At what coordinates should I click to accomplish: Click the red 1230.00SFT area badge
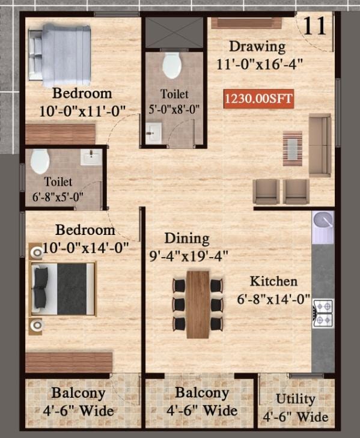(x=258, y=99)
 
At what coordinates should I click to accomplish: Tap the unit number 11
(x=314, y=26)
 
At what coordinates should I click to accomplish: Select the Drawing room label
(x=257, y=46)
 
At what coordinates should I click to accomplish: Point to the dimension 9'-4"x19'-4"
(x=189, y=255)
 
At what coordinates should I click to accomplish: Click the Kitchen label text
(x=273, y=281)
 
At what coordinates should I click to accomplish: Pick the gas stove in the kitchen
(x=323, y=314)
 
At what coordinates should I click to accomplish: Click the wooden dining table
(x=198, y=305)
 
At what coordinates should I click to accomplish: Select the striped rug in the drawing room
(x=293, y=148)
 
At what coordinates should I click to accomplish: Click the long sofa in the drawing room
(x=320, y=145)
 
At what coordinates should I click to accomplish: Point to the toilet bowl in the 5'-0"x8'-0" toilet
(x=172, y=65)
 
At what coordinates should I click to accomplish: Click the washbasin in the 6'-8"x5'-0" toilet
(x=91, y=157)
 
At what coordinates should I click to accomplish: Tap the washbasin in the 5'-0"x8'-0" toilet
(x=153, y=133)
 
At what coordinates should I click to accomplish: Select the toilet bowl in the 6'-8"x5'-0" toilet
(x=40, y=161)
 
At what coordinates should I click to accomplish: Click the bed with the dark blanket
(x=63, y=289)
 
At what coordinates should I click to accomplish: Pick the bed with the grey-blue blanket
(x=59, y=55)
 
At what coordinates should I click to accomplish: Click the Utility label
(x=296, y=398)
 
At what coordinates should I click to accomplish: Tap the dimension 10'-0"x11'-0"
(x=82, y=111)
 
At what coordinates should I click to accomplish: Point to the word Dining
(x=187, y=239)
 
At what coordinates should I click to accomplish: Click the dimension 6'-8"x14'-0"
(x=273, y=299)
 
